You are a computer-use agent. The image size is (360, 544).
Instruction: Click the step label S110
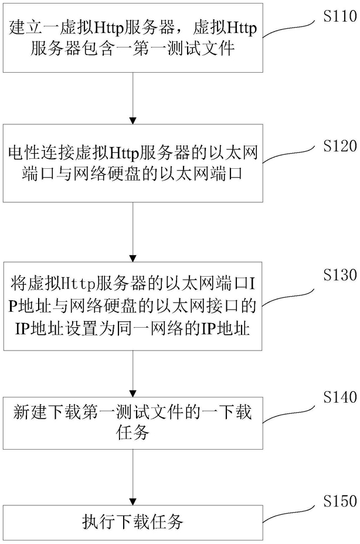pos(340,16)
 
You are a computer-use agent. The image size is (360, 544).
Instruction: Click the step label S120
pos(340,146)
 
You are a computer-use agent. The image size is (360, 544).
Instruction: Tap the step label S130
pos(340,274)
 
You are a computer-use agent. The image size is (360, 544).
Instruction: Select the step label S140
pos(340,397)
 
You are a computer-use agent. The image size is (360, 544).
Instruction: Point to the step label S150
pos(340,501)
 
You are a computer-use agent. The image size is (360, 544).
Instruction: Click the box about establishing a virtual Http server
pos(133,38)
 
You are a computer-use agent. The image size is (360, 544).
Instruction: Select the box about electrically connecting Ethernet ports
pos(133,163)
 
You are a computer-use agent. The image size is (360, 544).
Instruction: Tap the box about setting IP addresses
pos(133,306)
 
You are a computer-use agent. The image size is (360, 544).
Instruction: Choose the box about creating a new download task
pos(133,423)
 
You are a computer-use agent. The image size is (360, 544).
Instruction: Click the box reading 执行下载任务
pos(133,523)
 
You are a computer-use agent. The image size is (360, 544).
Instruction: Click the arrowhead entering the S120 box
pos(133,121)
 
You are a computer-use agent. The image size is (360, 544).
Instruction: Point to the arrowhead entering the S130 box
pos(133,259)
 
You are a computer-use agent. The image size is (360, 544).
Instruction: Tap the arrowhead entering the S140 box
pos(133,394)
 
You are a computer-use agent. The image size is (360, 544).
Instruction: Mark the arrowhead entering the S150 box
pos(133,502)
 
